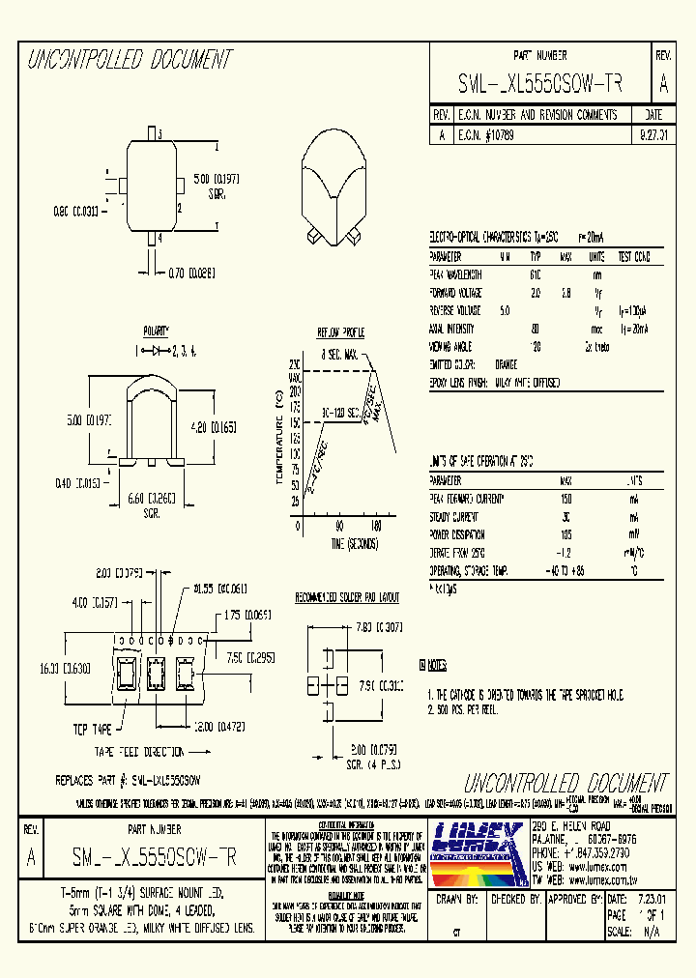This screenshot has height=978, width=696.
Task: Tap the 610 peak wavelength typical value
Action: pyautogui.click(x=535, y=274)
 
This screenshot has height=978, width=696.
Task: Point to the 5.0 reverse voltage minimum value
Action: pyautogui.click(x=504, y=310)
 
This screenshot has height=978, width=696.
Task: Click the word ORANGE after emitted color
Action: pyautogui.click(x=507, y=364)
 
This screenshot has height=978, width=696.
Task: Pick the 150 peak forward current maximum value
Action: pyautogui.click(x=566, y=499)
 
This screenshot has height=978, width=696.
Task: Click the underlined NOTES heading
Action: pyautogui.click(x=435, y=666)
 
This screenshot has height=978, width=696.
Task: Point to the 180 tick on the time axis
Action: pyautogui.click(x=376, y=526)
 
